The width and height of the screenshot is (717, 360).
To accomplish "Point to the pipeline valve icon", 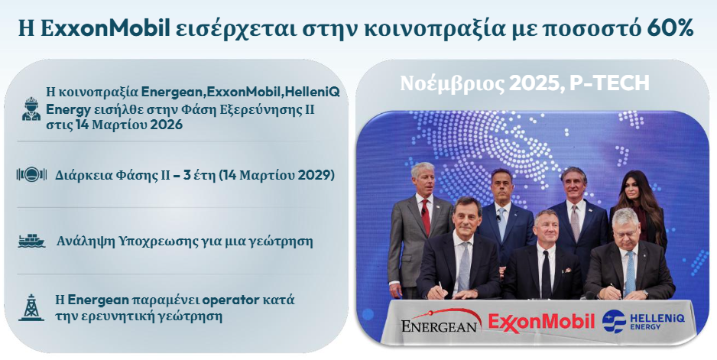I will click(x=31, y=176).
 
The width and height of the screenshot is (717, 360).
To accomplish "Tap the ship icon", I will click(x=31, y=242).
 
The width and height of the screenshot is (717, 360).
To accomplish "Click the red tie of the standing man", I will click(x=426, y=216).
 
